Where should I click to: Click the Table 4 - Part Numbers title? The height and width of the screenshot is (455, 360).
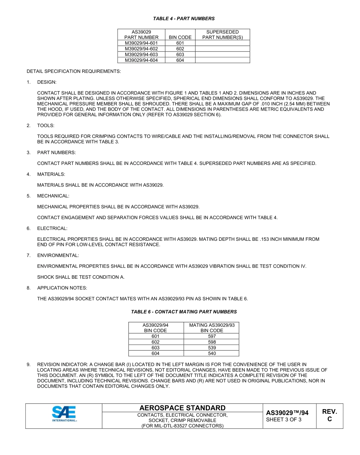pyautogui.click(x=184, y=19)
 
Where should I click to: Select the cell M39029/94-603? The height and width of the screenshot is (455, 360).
pyautogui.click(x=141, y=55)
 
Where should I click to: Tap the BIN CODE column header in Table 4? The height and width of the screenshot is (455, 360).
pyautogui.click(x=180, y=38)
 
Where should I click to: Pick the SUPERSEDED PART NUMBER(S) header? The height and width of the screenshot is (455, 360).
pyautogui.click(x=222, y=35)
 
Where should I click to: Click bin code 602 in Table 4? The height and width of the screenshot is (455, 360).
pyautogui.click(x=180, y=49)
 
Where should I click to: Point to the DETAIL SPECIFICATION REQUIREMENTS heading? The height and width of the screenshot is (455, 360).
pyautogui.click(x=74, y=71)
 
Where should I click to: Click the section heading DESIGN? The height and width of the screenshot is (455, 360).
pyautogui.click(x=47, y=82)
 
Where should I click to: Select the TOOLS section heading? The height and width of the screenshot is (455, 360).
pyautogui.click(x=46, y=126)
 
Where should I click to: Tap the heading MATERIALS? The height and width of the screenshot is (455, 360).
pyautogui.click(x=51, y=174)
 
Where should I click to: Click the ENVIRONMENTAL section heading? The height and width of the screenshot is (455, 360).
pyautogui.click(x=58, y=256)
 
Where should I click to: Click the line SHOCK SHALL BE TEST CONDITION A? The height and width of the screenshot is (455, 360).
pyautogui.click(x=81, y=277)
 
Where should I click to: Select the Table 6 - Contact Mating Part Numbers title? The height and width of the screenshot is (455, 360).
pyautogui.click(x=184, y=312)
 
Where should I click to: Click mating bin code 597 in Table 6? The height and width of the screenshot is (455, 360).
pyautogui.click(x=212, y=336)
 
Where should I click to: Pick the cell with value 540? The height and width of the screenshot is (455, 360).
pyautogui.click(x=212, y=353)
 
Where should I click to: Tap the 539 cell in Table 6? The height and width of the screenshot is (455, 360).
pyautogui.click(x=212, y=348)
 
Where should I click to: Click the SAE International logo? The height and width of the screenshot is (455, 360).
pyautogui.click(x=64, y=414)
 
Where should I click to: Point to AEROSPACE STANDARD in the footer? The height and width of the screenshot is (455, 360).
pyautogui.click(x=182, y=408)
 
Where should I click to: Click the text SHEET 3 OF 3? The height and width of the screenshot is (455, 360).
pyautogui.click(x=284, y=420)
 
